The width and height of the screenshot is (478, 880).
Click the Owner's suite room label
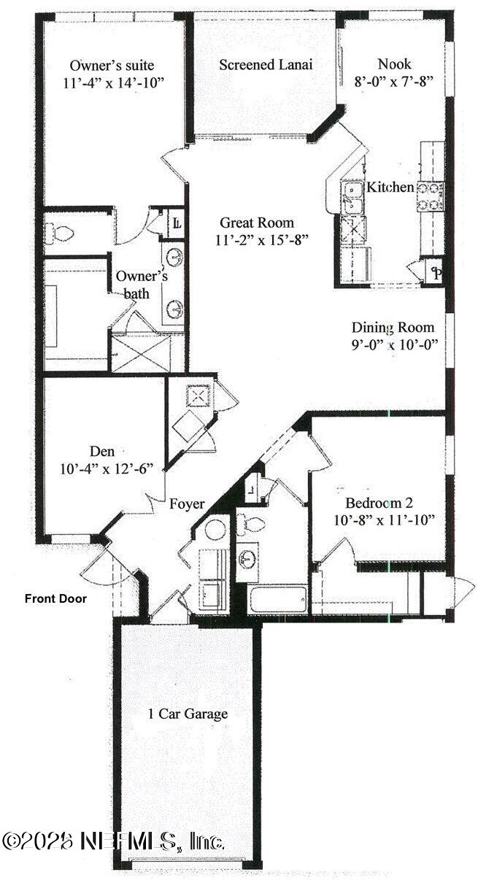coord(112,65)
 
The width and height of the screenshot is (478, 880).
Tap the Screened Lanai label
coord(266,65)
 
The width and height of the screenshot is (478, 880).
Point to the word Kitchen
coord(390,188)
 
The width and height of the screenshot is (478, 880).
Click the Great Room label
coord(257,223)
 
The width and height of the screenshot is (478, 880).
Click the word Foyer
coord(187,503)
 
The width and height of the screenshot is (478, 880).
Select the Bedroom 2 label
coord(379,503)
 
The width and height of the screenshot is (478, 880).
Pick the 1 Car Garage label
coord(186,713)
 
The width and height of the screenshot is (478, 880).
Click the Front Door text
coord(55,599)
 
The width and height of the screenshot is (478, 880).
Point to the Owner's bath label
coord(142,285)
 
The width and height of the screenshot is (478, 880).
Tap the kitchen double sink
coord(352,197)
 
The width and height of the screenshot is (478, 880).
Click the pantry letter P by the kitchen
coord(436,274)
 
